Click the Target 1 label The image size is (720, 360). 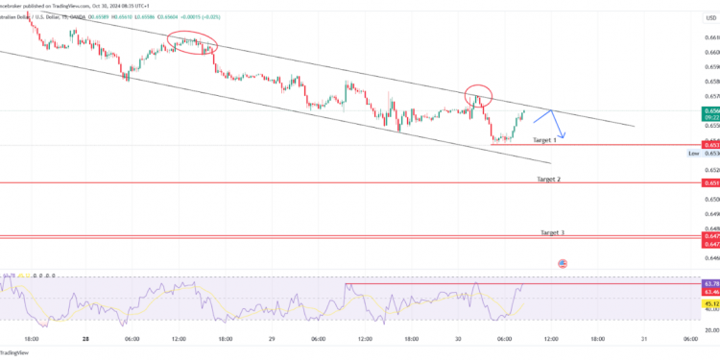point(543,140)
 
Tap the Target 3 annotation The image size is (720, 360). point(552,232)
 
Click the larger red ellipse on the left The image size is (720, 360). point(190,42)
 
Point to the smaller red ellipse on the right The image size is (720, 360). point(506,95)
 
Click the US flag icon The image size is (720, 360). point(563,262)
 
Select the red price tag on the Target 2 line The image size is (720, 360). point(710,183)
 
